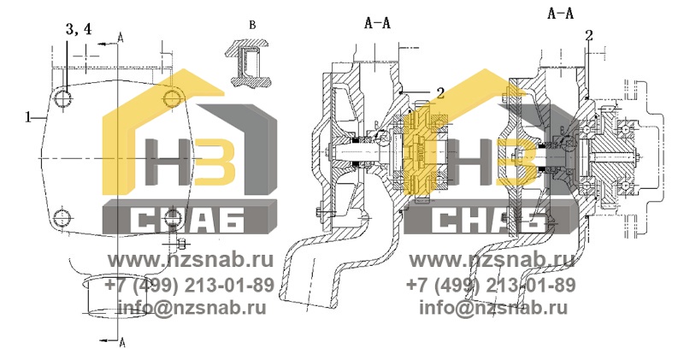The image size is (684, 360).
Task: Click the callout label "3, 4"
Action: coord(79,29)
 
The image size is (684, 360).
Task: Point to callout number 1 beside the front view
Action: coord(28,117)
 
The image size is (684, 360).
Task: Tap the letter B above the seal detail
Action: coord(252,26)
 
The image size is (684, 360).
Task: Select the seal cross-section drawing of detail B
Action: coord(246,62)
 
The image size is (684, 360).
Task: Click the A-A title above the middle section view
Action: coord(377,23)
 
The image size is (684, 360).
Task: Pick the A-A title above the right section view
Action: coord(561,14)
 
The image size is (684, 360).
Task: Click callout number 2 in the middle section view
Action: coord(440,92)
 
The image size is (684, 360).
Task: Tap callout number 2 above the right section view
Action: coord(589,36)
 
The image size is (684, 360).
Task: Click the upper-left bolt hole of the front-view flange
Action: coord(63,98)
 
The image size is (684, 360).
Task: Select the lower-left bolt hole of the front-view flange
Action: coord(62,217)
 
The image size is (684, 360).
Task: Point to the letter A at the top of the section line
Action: coord(121,38)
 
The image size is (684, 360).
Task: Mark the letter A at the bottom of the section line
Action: coord(121,343)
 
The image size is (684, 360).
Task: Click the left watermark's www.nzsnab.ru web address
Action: coord(191,260)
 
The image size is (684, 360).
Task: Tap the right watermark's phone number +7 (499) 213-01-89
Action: coord(491,286)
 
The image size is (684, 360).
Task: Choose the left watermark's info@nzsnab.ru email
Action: coord(192,308)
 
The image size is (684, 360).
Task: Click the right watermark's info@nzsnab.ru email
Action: coord(493,308)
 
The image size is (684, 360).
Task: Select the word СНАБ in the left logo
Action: coord(187,221)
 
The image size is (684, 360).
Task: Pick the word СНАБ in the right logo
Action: coord(489,221)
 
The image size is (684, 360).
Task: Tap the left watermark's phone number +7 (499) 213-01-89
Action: coord(189,286)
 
